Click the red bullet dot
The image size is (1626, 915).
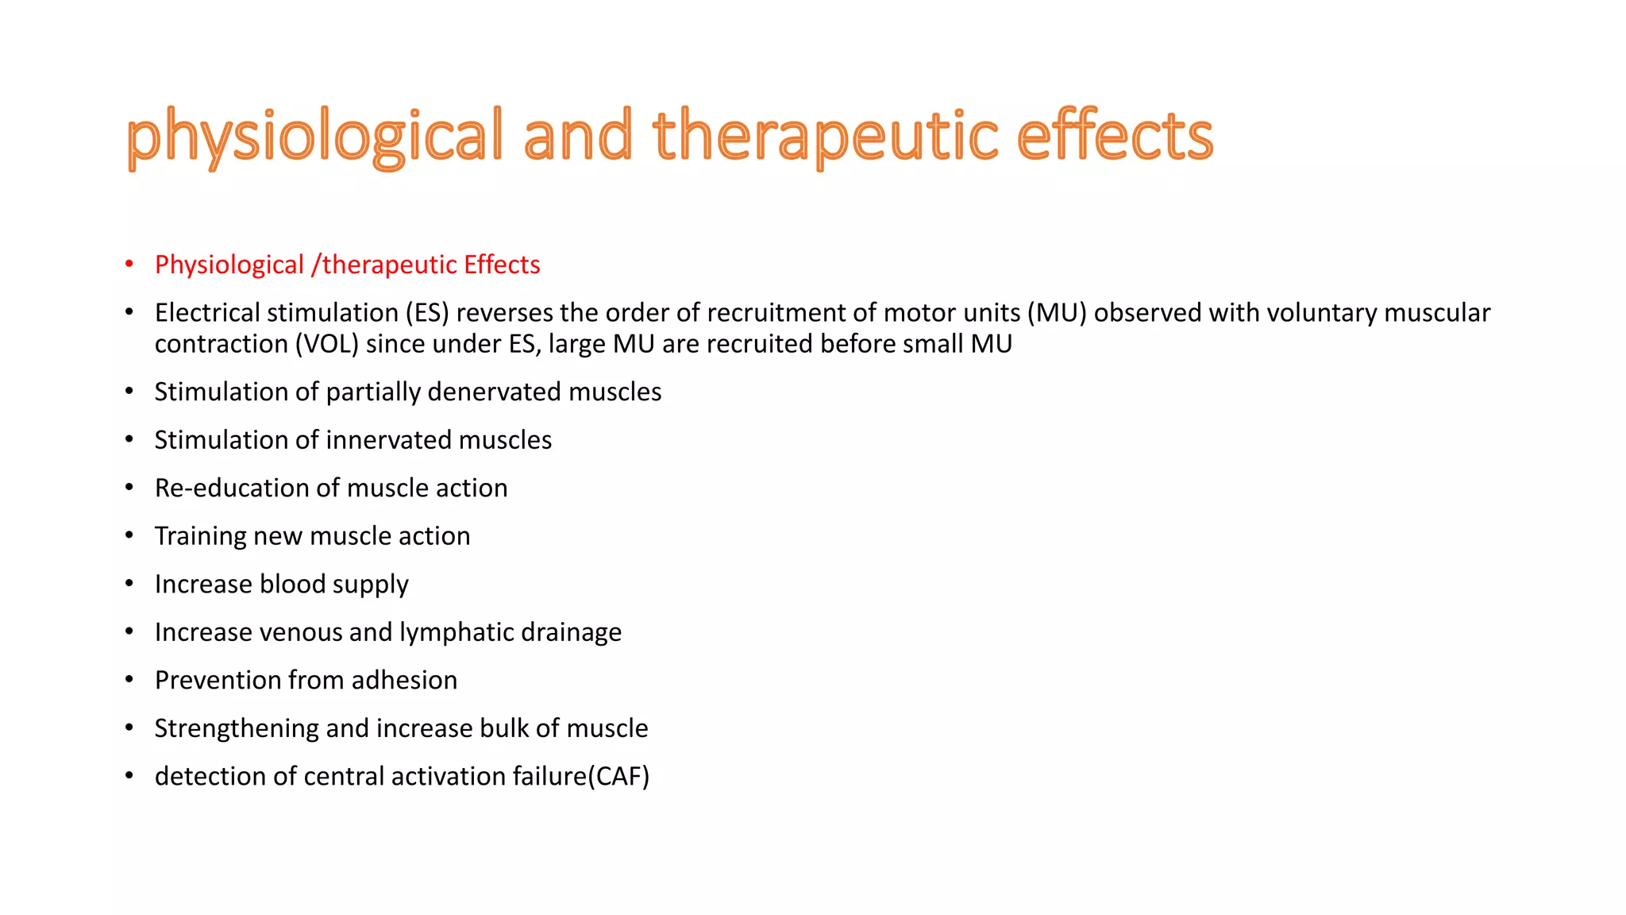point(129,264)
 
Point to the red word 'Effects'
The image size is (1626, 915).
point(502,264)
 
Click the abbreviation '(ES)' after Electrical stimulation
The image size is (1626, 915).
point(427,313)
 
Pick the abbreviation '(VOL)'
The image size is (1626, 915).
point(327,344)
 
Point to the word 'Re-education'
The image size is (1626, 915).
point(232,488)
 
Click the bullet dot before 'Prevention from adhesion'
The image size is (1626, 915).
point(129,681)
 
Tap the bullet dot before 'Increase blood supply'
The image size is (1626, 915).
point(129,585)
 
